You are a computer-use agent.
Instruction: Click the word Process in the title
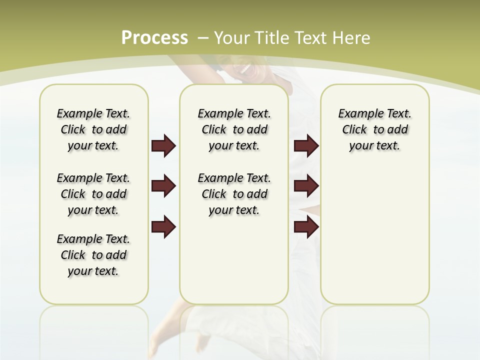pos(154,38)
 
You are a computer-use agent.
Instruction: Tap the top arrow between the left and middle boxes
pos(163,146)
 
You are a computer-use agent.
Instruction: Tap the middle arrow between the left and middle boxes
pos(163,186)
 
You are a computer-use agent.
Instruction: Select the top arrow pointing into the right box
pos(306,146)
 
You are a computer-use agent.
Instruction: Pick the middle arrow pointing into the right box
pos(306,186)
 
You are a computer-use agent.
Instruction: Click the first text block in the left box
pos(93,129)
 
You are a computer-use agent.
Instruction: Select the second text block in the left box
pos(93,194)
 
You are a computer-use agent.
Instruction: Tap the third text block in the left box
pos(93,255)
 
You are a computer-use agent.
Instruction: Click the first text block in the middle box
pos(234,129)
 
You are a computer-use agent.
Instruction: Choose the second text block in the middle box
pos(234,194)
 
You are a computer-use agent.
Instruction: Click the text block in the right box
pos(374,129)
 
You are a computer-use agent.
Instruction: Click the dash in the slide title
pos(203,38)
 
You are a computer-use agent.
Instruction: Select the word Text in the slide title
pos(310,38)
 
